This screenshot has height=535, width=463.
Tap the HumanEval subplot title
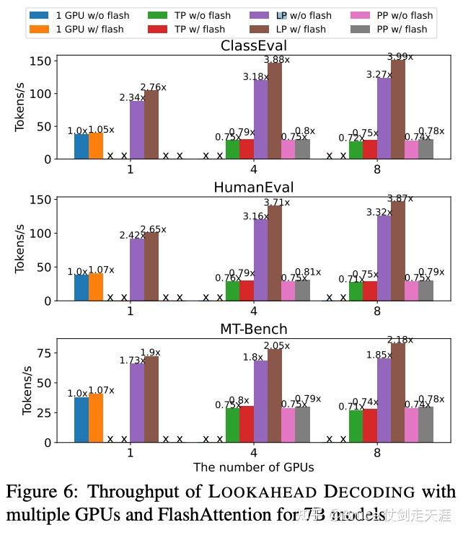[x=253, y=187]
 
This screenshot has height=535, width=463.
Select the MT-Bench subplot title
[x=253, y=329]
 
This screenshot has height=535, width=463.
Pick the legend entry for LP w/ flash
[x=302, y=30]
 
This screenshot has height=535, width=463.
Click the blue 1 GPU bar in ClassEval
[x=81, y=146]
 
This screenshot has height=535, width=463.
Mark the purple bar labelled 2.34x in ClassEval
[x=137, y=130]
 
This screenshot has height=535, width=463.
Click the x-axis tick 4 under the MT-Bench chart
[x=253, y=454]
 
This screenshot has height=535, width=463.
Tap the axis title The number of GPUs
[x=253, y=467]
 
